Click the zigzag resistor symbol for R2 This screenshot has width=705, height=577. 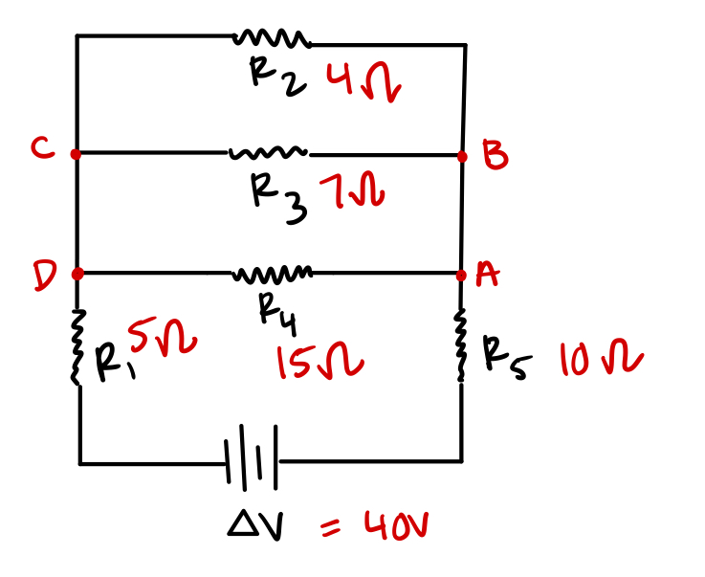(272, 38)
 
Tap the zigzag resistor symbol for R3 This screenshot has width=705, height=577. (268, 152)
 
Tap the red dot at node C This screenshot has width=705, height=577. (76, 152)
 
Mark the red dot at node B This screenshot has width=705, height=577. (462, 156)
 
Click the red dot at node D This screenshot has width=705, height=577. (77, 274)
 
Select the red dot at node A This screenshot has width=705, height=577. (461, 276)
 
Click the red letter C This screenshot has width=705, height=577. (40, 148)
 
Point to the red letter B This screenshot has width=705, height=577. (495, 155)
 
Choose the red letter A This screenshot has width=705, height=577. (488, 275)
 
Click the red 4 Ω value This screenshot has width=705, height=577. (363, 83)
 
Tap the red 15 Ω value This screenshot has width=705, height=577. (319, 363)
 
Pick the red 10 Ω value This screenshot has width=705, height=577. (601, 362)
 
